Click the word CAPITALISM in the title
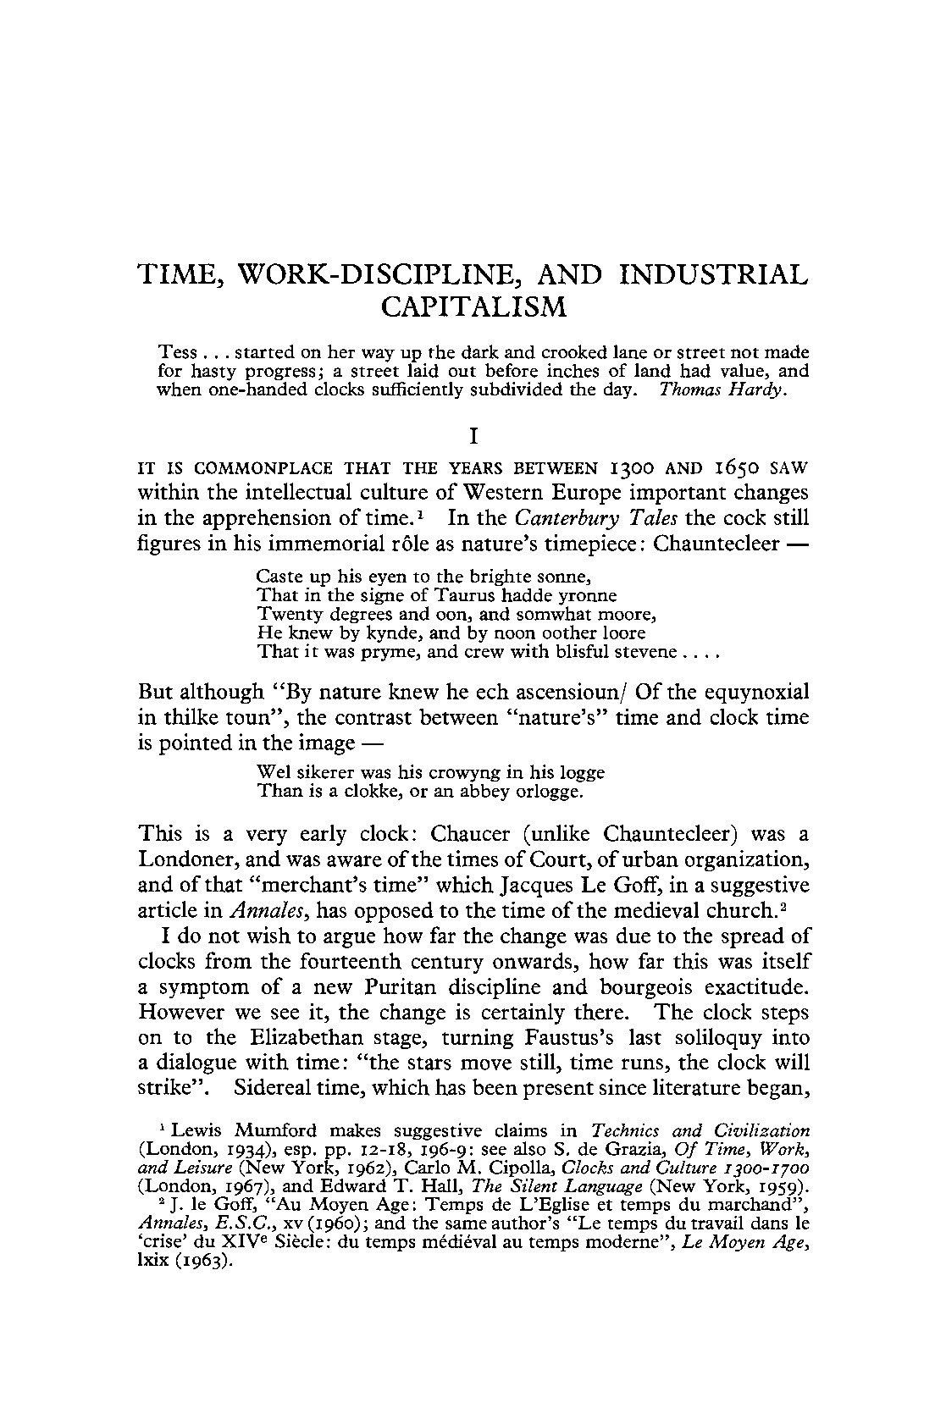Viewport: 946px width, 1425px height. point(473,307)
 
